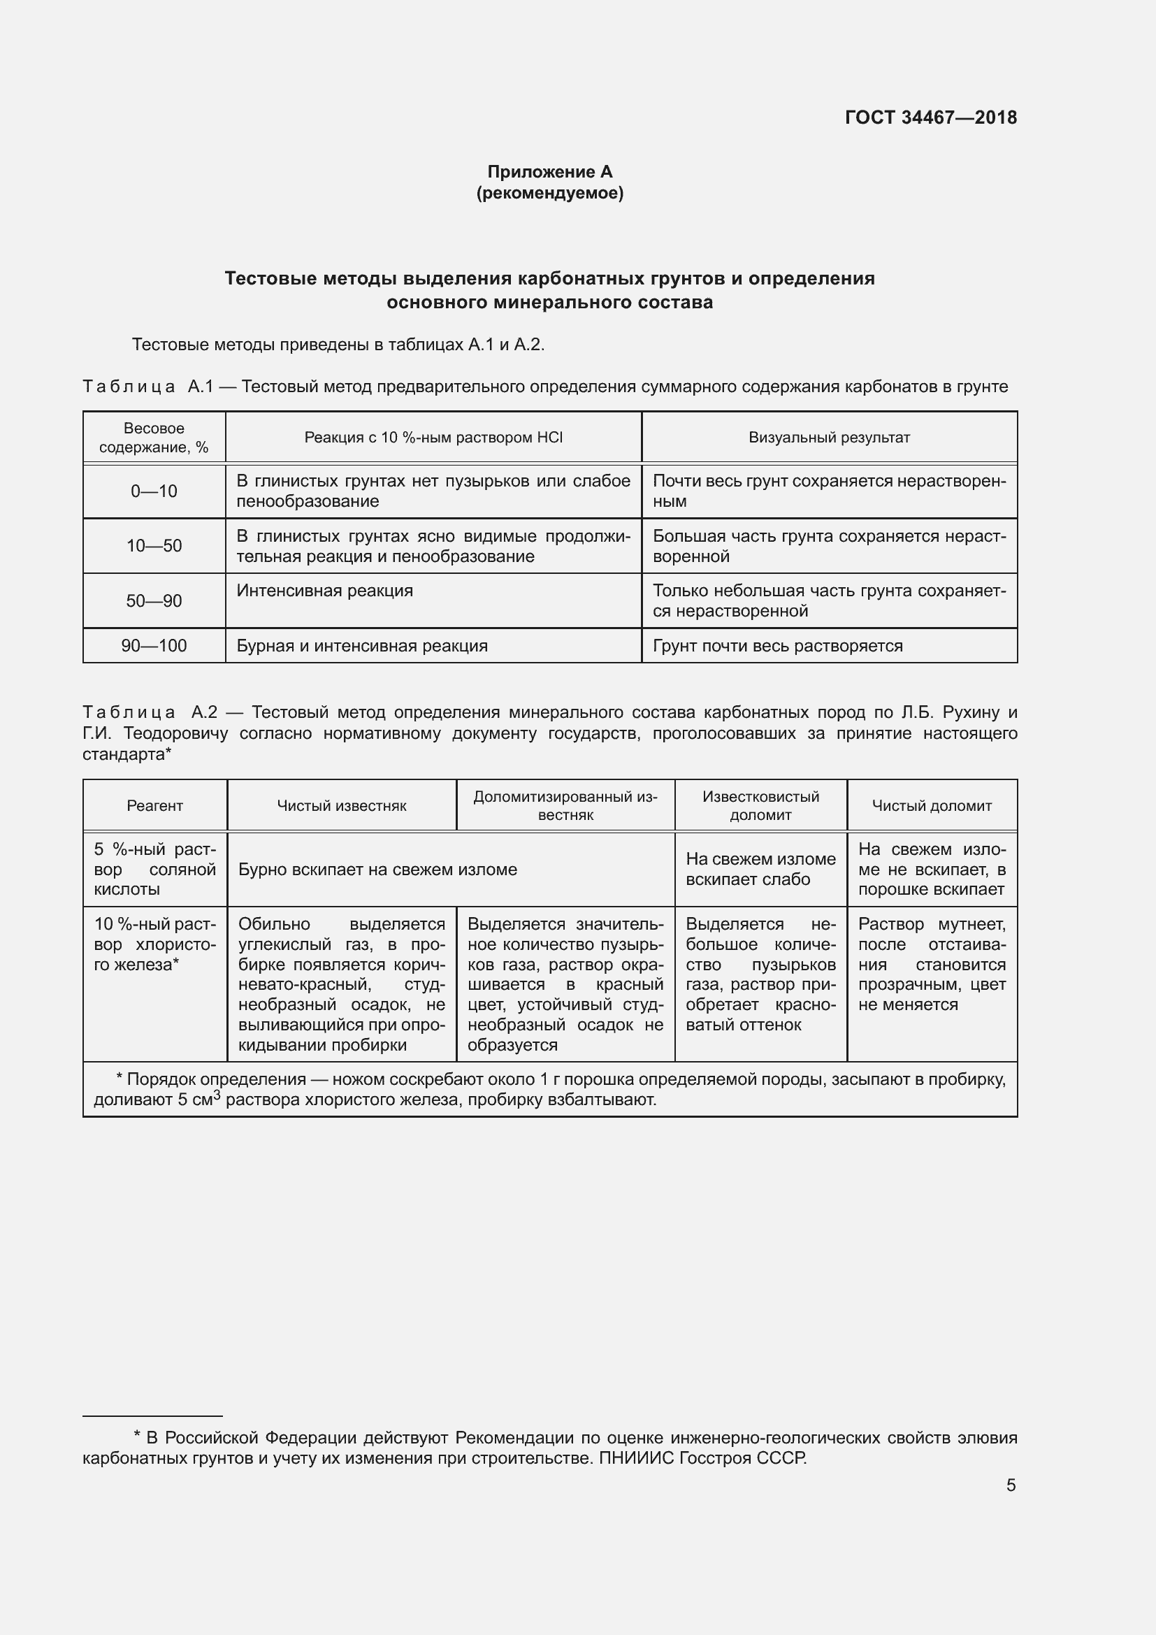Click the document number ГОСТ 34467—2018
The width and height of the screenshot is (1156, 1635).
[x=930, y=117]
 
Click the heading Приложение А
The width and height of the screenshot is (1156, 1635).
[x=549, y=172]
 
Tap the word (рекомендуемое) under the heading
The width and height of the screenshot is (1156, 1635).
[x=549, y=193]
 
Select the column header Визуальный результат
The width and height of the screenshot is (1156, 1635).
[x=829, y=437]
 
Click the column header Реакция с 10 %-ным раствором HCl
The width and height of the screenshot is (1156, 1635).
[x=433, y=437]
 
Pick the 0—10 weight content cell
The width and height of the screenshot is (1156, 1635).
[x=154, y=491]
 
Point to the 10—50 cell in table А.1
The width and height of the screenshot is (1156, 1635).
[x=154, y=546]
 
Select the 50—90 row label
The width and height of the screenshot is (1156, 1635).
[x=154, y=601]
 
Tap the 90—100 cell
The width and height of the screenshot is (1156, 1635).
[x=154, y=646]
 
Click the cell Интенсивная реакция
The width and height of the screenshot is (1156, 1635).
[x=324, y=591]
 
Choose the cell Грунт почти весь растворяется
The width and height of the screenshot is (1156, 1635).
[x=777, y=646]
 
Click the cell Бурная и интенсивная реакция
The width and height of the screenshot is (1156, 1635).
[x=361, y=646]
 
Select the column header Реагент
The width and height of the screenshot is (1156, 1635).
[x=154, y=805]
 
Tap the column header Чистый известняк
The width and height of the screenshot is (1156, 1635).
[x=342, y=805]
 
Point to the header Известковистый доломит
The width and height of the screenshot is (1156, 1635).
[x=760, y=805]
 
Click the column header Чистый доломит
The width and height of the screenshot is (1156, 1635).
[x=931, y=805]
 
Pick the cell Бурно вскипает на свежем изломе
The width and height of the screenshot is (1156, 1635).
[x=377, y=870]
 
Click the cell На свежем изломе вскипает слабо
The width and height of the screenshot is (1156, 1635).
[x=760, y=869]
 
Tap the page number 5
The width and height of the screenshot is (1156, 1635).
[x=1011, y=1485]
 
